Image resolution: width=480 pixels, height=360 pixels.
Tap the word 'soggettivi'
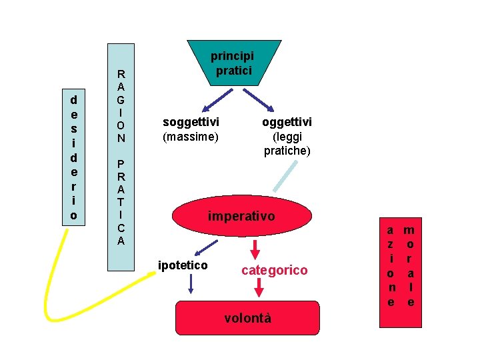(x=191, y=122)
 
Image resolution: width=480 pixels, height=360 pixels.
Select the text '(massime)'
(x=191, y=137)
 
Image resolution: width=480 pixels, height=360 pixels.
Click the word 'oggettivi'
(x=287, y=122)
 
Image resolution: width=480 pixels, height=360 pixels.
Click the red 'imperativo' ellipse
(x=241, y=216)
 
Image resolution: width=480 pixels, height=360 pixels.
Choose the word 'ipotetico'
(x=183, y=265)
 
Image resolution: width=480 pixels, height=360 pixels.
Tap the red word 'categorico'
(x=275, y=270)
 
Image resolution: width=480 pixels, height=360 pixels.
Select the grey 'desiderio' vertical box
(x=73, y=158)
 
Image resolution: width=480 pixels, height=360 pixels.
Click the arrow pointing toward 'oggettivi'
(x=261, y=100)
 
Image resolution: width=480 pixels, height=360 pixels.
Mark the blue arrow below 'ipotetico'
(x=191, y=284)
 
